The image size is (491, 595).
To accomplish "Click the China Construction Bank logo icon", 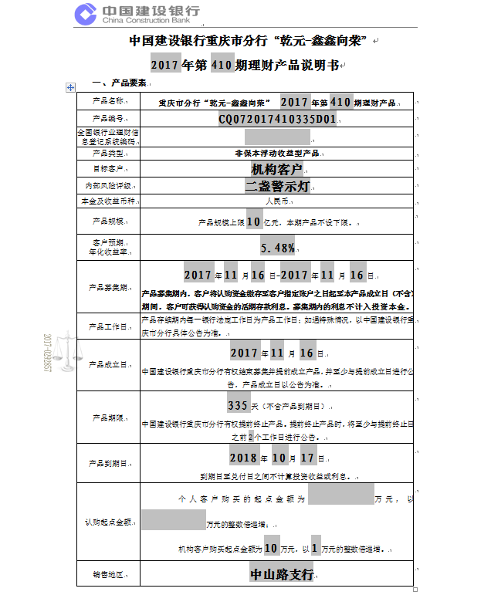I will (x=86, y=15).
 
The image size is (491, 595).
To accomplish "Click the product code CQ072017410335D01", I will (x=277, y=119).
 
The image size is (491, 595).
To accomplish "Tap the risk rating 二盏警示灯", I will (x=278, y=186).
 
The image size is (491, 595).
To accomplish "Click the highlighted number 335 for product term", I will (x=237, y=405).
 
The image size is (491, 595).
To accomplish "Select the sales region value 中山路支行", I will (x=281, y=575).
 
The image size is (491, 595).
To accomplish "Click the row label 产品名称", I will (x=108, y=101).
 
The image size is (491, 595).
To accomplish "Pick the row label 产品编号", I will (x=108, y=119).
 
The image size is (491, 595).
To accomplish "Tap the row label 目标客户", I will (x=108, y=169).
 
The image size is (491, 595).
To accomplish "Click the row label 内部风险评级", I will (x=108, y=186).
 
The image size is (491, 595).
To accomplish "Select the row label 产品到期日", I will (x=108, y=464).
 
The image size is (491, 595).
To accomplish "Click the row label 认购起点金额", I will (x=108, y=522).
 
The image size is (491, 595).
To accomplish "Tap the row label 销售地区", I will (x=108, y=576).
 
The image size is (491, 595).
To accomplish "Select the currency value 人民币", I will (x=276, y=201).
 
